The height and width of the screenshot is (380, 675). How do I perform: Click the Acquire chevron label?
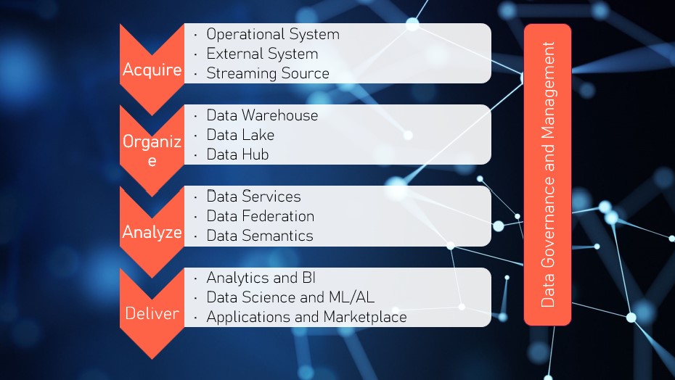click(x=152, y=70)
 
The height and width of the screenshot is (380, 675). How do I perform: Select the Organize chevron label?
click(x=152, y=151)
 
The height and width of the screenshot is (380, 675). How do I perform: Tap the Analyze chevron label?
click(x=152, y=232)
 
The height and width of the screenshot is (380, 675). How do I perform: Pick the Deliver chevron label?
click(x=152, y=313)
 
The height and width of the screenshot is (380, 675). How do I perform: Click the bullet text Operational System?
click(x=272, y=34)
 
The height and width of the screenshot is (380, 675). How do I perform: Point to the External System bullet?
click(x=262, y=54)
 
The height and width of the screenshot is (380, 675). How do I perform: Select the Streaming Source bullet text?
click(x=268, y=73)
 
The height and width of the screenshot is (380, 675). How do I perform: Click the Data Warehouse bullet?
click(x=262, y=115)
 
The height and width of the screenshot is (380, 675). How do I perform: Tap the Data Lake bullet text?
click(x=240, y=135)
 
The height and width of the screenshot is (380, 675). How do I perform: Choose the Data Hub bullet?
click(x=237, y=154)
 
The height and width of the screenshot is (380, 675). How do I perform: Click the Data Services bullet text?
click(x=253, y=197)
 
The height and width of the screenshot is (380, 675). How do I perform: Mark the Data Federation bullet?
click(x=260, y=216)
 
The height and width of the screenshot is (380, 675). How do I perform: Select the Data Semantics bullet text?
click(x=260, y=236)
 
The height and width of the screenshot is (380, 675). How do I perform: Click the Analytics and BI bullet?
click(x=261, y=278)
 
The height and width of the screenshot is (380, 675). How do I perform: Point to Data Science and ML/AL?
click(x=290, y=297)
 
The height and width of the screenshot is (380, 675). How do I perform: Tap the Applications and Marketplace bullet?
click(x=306, y=317)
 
